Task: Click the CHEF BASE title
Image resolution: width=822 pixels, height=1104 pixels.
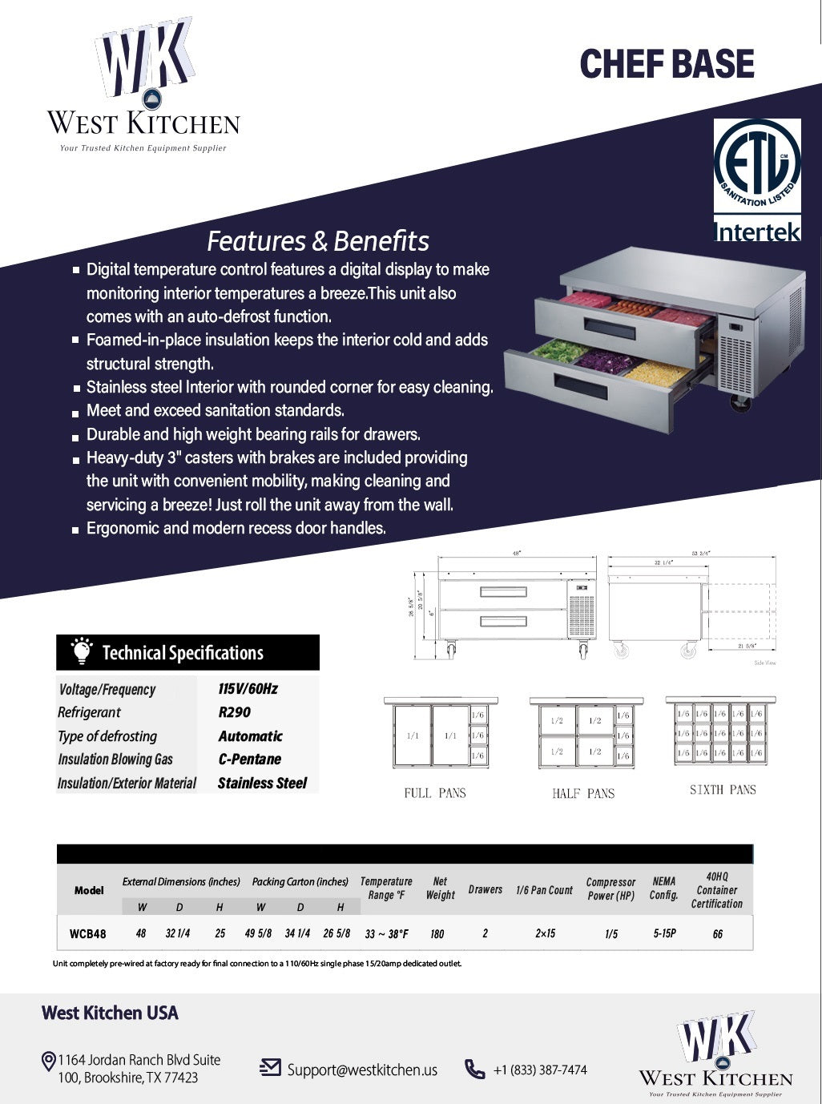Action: point(667,65)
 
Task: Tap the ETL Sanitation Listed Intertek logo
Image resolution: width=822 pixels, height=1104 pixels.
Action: point(757,180)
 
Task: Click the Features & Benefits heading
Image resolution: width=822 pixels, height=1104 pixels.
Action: point(318,241)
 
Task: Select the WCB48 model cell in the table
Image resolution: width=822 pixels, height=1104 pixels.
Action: point(88,933)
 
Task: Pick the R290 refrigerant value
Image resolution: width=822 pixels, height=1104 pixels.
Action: point(234,712)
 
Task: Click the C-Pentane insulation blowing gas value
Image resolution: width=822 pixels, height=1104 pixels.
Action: point(249,759)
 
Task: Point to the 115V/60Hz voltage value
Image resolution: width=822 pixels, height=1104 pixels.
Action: point(248,689)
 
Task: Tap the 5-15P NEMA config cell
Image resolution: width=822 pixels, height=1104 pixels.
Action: point(664,933)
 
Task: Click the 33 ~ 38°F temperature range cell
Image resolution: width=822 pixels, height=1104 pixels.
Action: point(386,934)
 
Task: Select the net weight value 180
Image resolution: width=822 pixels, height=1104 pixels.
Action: point(437,934)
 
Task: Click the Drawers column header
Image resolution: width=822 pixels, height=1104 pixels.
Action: point(486,889)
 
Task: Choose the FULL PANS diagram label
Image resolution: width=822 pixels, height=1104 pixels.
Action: point(435,793)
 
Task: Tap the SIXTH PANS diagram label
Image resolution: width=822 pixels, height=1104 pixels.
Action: point(723,790)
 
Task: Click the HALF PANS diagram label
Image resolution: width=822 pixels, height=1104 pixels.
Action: point(583,793)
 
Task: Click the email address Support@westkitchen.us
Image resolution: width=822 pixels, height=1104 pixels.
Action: point(362,1070)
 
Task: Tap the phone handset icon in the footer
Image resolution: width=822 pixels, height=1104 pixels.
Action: point(475,1069)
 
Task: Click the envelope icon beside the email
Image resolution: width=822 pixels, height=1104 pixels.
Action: point(270,1067)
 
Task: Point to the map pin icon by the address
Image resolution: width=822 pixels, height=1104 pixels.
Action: point(48,1062)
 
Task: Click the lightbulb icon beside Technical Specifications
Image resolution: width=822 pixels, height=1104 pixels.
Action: point(81,651)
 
